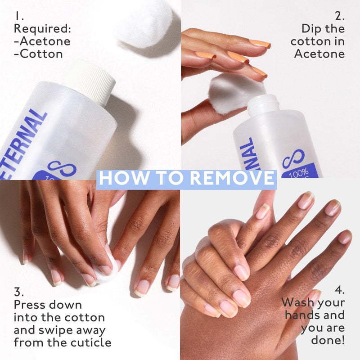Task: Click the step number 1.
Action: [18, 16]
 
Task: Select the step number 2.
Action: [339, 16]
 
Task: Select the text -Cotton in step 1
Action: [38, 54]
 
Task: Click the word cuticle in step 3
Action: [90, 342]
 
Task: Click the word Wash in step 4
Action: [297, 302]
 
